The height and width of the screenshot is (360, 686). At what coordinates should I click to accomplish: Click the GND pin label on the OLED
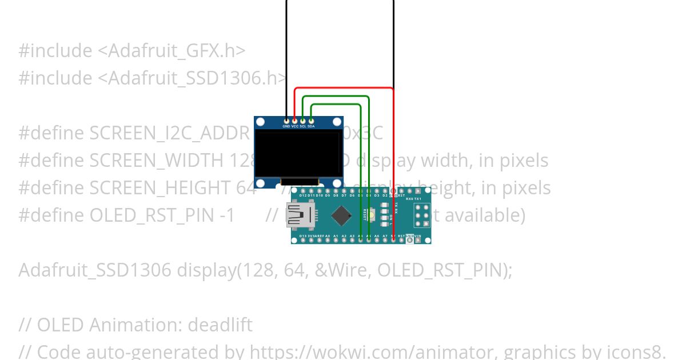[x=286, y=126]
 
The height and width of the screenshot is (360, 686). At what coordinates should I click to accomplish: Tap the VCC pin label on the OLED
[x=295, y=126]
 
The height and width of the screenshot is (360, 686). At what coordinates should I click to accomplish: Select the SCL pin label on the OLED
[x=303, y=126]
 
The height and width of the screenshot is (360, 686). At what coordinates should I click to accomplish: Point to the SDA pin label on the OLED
[x=311, y=126]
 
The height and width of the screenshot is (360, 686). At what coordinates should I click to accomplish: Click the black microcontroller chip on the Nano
[x=341, y=215]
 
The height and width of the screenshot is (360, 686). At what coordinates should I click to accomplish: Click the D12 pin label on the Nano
[x=303, y=195]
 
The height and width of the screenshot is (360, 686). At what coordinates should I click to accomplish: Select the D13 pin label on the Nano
[x=303, y=235]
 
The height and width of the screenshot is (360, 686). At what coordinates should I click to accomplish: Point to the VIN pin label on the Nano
[x=418, y=235]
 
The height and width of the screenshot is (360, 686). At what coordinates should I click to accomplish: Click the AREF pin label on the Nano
[x=324, y=235]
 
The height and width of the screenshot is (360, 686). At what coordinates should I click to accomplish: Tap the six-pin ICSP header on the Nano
[x=422, y=215]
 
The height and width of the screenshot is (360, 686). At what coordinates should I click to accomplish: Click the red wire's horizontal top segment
[x=343, y=88]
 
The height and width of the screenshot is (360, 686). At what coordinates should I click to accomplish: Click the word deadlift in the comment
[x=220, y=325]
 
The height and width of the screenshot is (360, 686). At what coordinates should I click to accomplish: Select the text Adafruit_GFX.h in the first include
[x=171, y=51]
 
